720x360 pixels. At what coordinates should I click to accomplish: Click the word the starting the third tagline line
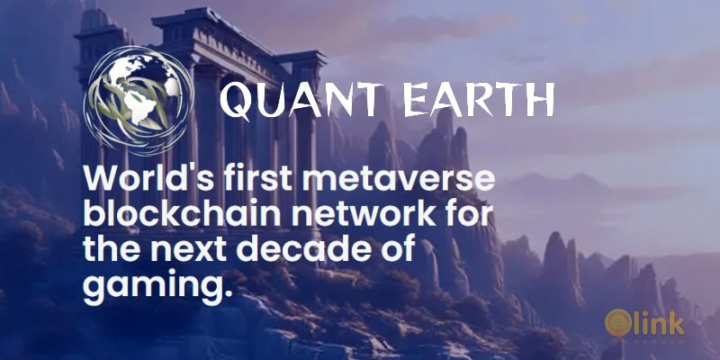pyautogui.click(x=112, y=250)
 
